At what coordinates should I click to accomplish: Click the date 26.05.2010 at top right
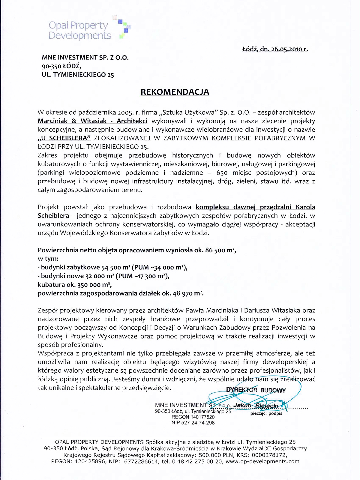point(288,49)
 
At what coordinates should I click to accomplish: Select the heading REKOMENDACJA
point(175,92)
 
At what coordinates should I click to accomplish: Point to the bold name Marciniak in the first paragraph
point(52,121)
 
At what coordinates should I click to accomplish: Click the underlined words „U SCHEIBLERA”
point(64,138)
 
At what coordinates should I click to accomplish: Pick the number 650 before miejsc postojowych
point(222,173)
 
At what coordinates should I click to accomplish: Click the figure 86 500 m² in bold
point(220,250)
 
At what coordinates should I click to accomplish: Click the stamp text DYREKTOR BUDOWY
point(256,390)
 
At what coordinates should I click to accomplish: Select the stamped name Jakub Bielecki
point(256,406)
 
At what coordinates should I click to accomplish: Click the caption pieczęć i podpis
point(266,413)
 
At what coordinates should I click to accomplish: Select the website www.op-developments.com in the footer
point(262,461)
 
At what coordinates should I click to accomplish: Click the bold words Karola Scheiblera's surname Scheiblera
point(53,216)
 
